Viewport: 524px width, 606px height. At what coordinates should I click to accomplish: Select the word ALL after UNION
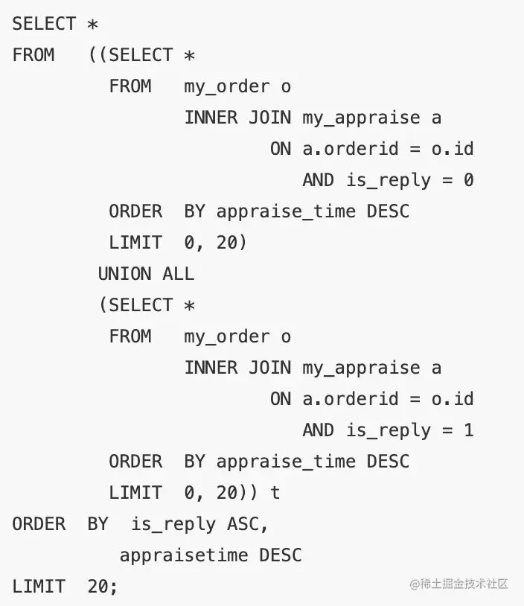coord(179,273)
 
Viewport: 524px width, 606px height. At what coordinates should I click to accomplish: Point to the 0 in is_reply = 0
coord(468,179)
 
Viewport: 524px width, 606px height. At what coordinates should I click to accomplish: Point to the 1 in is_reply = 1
coord(468,430)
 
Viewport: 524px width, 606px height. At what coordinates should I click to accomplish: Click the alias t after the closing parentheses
coord(275,492)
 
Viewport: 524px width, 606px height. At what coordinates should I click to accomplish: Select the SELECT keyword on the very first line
coord(44,23)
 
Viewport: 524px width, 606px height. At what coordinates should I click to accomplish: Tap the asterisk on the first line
coord(92,23)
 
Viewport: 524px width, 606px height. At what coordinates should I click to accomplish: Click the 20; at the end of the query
coord(103,586)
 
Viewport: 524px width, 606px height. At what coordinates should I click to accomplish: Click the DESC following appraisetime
coord(281,555)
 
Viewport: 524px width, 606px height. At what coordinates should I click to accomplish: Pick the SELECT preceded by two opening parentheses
coord(141,54)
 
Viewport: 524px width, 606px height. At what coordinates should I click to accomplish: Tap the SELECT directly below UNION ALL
coord(141,304)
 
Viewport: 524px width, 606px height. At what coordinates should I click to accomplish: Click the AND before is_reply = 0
coord(318,179)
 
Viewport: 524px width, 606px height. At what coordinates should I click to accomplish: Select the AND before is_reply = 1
coord(318,430)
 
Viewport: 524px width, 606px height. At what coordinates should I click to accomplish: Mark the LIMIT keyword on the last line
coord(39,586)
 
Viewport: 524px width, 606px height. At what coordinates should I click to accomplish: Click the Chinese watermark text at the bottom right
coord(458,584)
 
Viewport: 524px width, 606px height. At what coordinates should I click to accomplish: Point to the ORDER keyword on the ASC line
coord(39,523)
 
